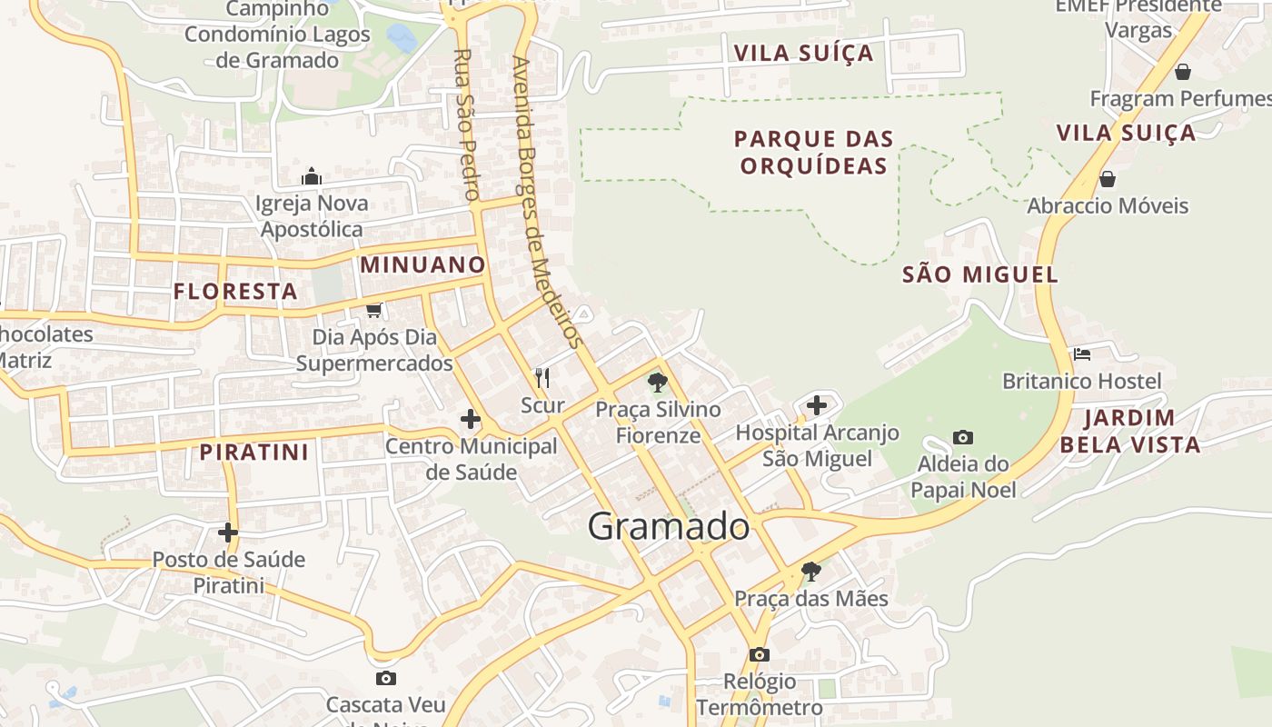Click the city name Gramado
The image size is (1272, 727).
pos(669,526)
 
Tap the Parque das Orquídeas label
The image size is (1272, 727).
pos(814,152)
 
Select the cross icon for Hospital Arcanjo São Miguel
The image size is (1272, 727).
pos(817,404)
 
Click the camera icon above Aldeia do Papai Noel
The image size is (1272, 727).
pos(963,437)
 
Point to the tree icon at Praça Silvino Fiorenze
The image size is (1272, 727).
pos(657,383)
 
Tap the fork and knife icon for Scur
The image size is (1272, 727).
pos(542,377)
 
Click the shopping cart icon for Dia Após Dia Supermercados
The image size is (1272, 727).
pos(373,310)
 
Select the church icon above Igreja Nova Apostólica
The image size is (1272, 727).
pos(312,175)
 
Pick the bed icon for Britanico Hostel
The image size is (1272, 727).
pos(1081,354)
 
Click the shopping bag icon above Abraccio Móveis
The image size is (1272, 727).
pos(1107,179)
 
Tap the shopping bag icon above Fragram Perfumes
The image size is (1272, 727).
pos(1183,71)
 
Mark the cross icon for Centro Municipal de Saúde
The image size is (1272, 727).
pos(470,419)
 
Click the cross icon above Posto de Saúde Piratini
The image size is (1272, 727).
pos(228,533)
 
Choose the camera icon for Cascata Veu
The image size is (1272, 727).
pos(386,678)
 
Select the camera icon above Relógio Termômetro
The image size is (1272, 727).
pos(759,654)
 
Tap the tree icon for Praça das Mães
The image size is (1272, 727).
pos(810,572)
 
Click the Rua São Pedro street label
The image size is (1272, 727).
pos(465,124)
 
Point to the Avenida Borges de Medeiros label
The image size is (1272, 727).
pos(545,203)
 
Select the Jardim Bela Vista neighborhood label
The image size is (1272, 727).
pos(1129,431)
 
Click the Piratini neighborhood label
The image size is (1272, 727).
pos(254,452)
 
